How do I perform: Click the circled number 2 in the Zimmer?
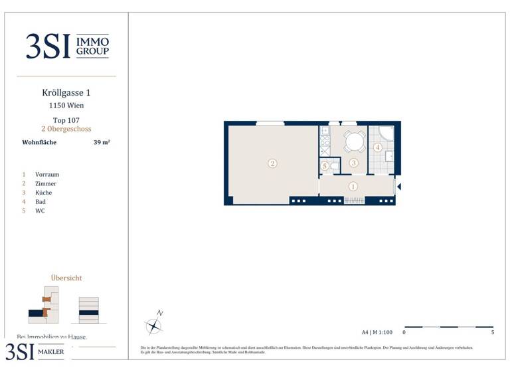[x=272, y=163]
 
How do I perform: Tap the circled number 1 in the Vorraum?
[x=353, y=187]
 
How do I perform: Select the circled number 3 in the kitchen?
[x=354, y=163]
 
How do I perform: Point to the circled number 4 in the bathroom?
[x=377, y=147]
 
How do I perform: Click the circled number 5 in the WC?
[x=325, y=166]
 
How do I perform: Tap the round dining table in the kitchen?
[x=354, y=141]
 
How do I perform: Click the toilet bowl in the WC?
[x=335, y=166]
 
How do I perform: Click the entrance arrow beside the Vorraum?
[x=398, y=187]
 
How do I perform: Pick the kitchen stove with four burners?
[x=325, y=141]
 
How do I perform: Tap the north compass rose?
[x=154, y=325]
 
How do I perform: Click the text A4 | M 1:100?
[x=377, y=331]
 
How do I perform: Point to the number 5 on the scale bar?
[x=492, y=332]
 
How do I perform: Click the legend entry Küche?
[x=43, y=193]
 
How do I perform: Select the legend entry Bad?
[x=41, y=201]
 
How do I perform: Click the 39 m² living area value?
[x=102, y=142]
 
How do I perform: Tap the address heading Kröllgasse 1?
[x=66, y=94]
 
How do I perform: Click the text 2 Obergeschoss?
[x=66, y=129]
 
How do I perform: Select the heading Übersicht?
[x=66, y=278]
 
